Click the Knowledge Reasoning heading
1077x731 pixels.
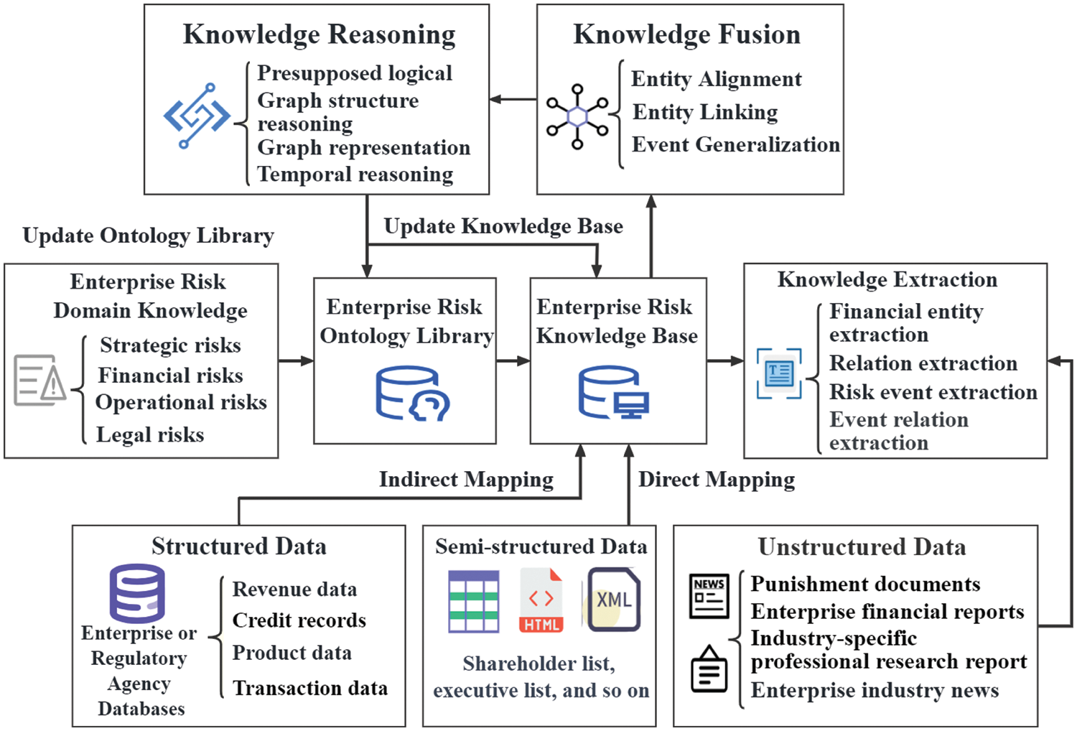[x=319, y=34]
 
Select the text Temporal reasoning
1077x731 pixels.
[x=355, y=174]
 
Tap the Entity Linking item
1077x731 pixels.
[x=704, y=112]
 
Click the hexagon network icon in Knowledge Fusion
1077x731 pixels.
[x=577, y=116]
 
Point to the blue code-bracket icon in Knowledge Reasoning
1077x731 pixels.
[x=196, y=116]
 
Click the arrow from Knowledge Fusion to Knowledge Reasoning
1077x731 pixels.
[x=513, y=100]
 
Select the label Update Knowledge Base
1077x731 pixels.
[x=503, y=226]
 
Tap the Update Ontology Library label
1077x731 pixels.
[x=148, y=236]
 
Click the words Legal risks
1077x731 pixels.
[x=150, y=434]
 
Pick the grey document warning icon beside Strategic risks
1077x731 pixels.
[x=39, y=380]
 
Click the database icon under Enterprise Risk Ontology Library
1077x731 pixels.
[x=411, y=393]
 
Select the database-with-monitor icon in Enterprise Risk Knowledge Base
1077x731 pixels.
[x=613, y=393]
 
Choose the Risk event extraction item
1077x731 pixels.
[x=933, y=392]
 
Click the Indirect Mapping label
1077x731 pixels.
[x=466, y=480]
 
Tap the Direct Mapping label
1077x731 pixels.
[x=716, y=480]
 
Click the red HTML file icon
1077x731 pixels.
[x=541, y=600]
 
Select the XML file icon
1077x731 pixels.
[x=613, y=600]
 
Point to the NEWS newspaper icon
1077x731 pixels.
[x=709, y=595]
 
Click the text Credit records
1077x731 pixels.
[x=299, y=620]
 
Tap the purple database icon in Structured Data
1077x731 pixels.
[x=137, y=593]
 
